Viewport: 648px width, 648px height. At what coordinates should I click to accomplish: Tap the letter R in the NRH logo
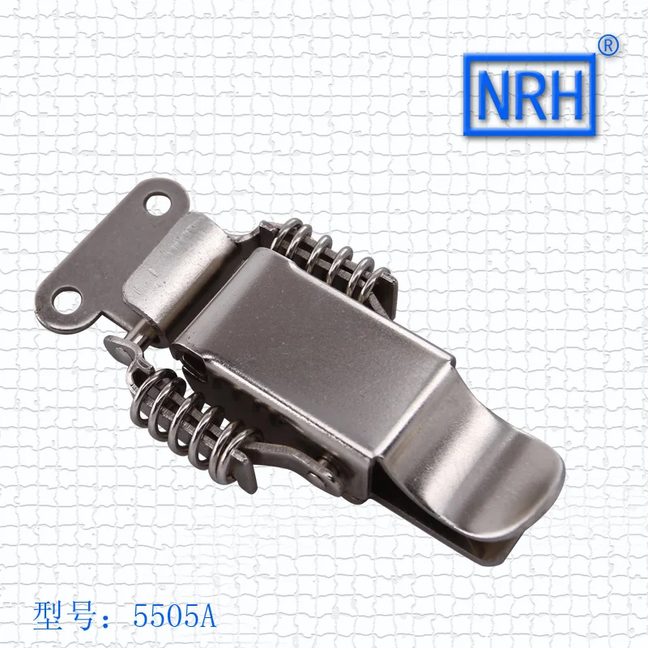click(531, 96)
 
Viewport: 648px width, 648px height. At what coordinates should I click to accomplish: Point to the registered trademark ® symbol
click(608, 46)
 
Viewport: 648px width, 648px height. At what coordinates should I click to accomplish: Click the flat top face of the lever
click(340, 340)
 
